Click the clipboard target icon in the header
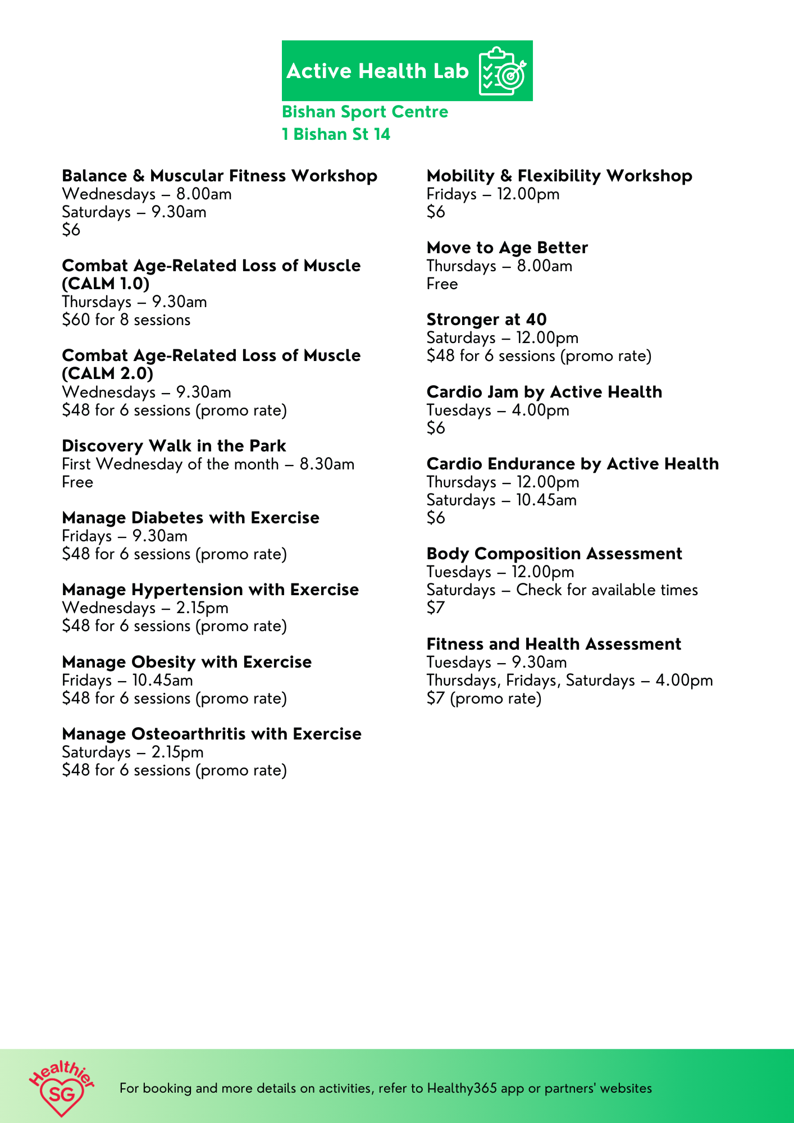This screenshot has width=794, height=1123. (501, 71)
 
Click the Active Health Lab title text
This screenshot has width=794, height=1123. (377, 71)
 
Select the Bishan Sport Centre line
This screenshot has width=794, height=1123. (365, 112)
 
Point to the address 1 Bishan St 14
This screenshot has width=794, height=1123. (336, 134)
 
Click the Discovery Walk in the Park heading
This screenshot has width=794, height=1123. (174, 446)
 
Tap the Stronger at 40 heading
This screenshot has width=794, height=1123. (486, 319)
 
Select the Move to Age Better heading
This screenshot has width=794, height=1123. (507, 248)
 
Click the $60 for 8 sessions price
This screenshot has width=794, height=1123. (126, 320)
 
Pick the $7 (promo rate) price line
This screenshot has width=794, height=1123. (484, 699)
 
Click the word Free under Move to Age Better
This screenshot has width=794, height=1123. (442, 284)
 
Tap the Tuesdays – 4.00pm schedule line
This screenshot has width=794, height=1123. (498, 410)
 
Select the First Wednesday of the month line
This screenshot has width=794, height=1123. (208, 464)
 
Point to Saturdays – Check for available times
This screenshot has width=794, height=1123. (562, 590)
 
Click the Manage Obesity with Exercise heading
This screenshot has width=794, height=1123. (186, 662)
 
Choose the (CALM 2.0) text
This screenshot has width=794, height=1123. (107, 373)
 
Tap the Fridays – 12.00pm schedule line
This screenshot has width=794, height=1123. (493, 194)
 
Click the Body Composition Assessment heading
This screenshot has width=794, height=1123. (554, 554)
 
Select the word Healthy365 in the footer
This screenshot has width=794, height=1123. (462, 1088)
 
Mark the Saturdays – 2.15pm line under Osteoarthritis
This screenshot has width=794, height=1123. (133, 752)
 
